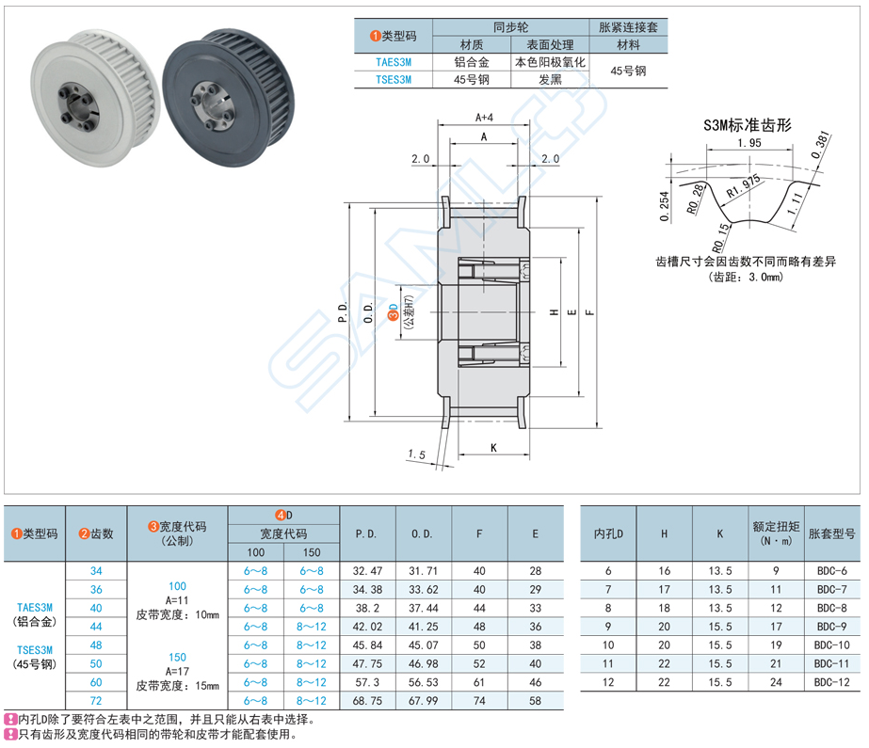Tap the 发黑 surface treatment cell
point(550,80)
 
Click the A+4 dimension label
point(484,118)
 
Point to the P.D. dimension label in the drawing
point(343,313)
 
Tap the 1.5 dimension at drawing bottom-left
point(415,454)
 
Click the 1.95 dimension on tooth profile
point(749,143)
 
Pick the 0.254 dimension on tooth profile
point(665,206)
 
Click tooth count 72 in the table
point(96,701)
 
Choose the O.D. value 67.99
point(423,701)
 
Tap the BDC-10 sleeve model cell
point(829,645)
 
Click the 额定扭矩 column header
point(776,533)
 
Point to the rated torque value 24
point(776,682)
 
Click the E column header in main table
point(535,533)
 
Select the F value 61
point(479,682)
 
